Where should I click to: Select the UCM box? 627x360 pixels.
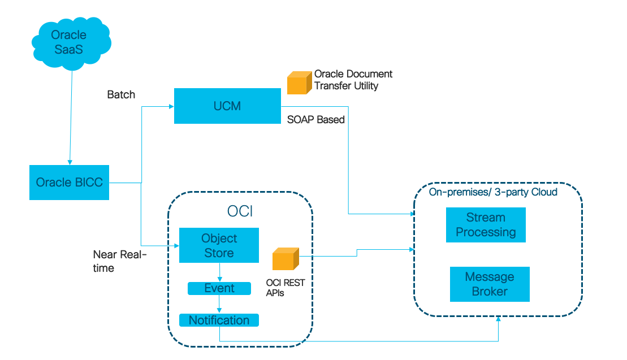point(227,106)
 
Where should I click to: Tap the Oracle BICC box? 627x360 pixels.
point(70,183)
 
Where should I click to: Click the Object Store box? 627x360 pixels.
point(219,245)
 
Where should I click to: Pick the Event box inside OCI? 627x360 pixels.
point(219,288)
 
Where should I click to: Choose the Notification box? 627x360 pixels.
point(219,320)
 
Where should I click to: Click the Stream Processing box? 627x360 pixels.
point(486,225)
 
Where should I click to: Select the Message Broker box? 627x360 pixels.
point(490,284)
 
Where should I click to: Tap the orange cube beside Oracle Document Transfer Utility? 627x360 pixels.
point(299,83)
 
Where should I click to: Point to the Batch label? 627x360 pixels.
point(121,94)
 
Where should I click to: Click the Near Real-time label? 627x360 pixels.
point(119,261)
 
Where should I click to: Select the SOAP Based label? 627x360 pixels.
point(315,120)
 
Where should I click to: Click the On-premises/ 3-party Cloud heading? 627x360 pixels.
point(493,192)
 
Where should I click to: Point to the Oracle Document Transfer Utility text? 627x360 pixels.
point(353,80)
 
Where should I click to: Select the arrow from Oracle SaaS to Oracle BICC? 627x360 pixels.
point(71,119)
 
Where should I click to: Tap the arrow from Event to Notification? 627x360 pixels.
point(219,304)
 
